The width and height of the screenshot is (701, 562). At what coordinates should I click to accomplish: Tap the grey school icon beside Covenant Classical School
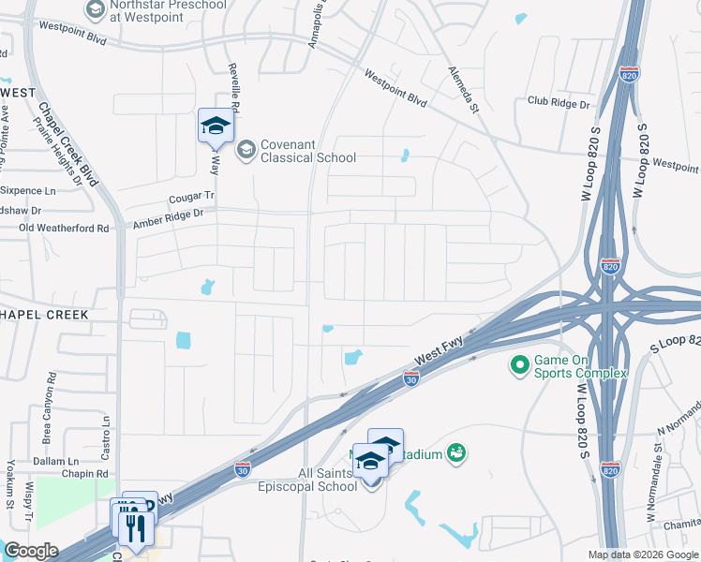(246, 150)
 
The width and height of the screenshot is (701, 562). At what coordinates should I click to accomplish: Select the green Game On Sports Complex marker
(518, 362)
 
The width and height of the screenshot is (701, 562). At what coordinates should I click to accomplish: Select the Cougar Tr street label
(192, 198)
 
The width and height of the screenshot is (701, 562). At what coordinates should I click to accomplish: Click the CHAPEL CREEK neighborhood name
(44, 315)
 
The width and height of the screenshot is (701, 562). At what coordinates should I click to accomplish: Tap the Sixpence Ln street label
(30, 190)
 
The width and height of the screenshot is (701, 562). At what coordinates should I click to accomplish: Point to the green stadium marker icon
(456, 453)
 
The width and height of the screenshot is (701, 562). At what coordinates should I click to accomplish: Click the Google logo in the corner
(31, 551)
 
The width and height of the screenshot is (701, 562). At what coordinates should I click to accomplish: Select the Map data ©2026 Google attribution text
(642, 555)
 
